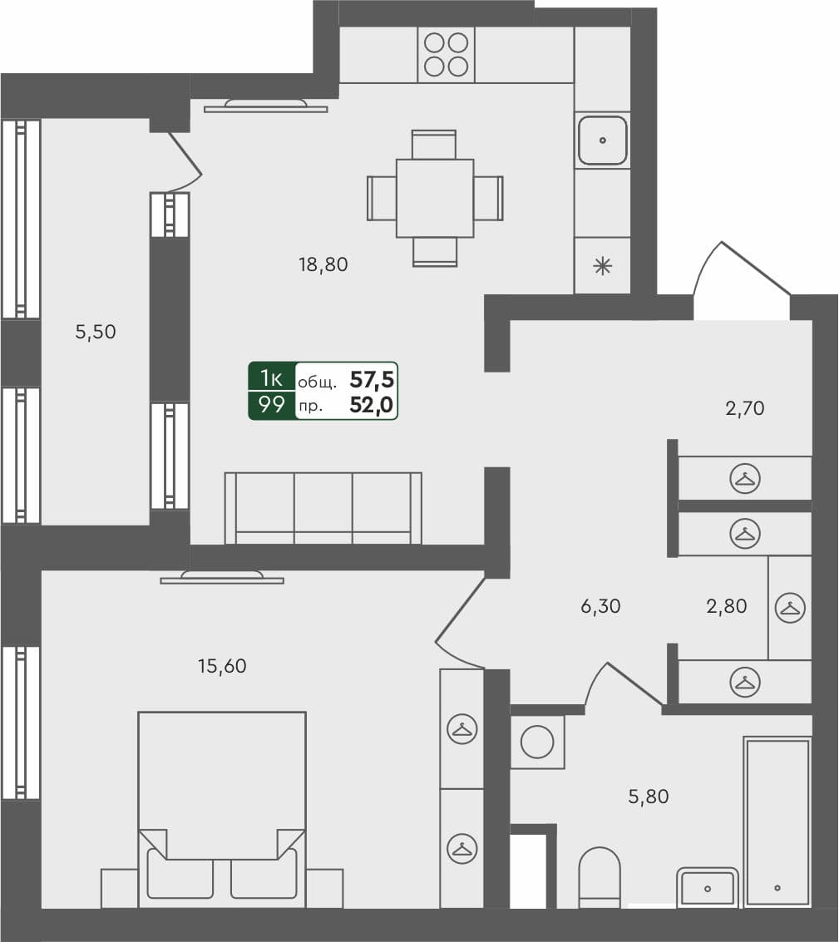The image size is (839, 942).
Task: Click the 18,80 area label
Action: (323, 265)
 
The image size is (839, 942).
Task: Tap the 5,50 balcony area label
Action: (96, 333)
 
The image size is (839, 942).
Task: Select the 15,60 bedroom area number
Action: (223, 666)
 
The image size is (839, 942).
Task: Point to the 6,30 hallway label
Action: (600, 607)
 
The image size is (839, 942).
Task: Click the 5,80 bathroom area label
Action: (648, 797)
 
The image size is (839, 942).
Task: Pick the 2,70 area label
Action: (743, 408)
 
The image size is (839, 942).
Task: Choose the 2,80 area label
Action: (726, 607)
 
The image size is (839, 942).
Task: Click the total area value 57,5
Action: (372, 381)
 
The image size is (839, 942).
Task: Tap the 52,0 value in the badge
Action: (372, 406)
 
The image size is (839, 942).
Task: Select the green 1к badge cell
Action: (272, 378)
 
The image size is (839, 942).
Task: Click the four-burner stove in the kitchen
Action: (446, 54)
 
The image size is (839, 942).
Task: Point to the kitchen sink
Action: (602, 141)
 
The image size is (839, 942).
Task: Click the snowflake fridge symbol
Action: (601, 266)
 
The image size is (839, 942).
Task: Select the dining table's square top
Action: (435, 198)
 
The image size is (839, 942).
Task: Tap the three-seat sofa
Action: (323, 507)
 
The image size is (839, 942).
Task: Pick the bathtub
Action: (777, 821)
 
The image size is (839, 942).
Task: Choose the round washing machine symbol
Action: (537, 742)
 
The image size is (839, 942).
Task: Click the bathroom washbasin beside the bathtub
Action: (707, 887)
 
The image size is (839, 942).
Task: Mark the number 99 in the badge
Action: (272, 406)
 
